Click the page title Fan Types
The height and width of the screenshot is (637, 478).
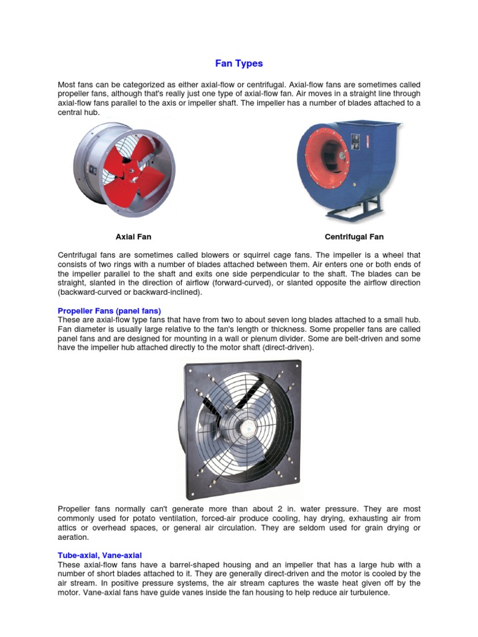[239, 63]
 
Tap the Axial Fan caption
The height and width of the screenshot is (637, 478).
[133, 236]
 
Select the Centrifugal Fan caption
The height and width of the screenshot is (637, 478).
[354, 236]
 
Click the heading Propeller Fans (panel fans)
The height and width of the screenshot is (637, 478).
[110, 310]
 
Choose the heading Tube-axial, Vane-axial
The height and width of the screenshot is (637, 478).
[104, 555]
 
